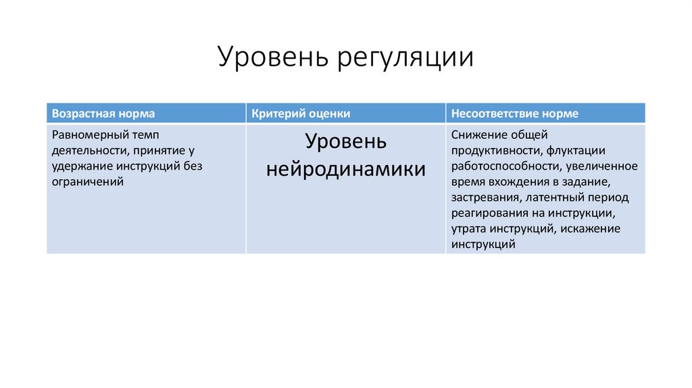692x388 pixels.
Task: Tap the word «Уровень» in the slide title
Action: (x=270, y=58)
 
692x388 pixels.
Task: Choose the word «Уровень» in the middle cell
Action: (x=345, y=142)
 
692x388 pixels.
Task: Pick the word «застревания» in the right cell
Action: (x=485, y=197)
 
